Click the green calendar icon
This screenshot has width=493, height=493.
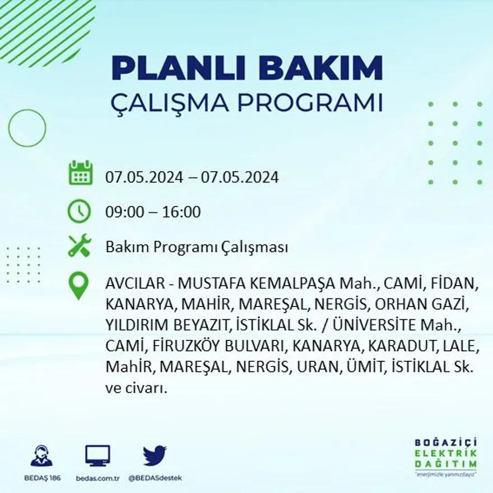click(80, 173)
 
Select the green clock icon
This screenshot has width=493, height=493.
click(79, 211)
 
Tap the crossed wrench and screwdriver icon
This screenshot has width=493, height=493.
click(80, 246)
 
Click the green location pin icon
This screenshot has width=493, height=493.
click(78, 285)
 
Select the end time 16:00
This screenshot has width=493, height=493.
click(182, 212)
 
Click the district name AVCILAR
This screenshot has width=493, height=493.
click(131, 283)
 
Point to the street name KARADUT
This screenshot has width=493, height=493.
click(397, 347)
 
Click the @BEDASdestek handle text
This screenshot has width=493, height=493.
click(155, 478)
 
